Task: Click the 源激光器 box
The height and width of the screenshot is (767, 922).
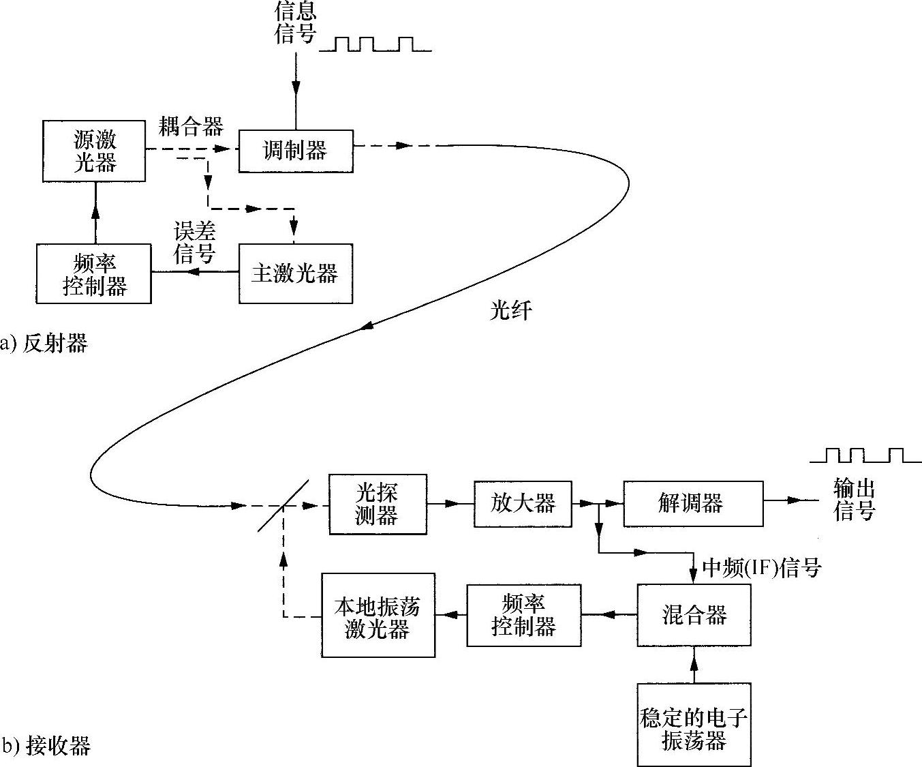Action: click(94, 151)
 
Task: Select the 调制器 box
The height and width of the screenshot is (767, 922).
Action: click(295, 150)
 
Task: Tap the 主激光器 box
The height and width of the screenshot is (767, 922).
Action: click(295, 273)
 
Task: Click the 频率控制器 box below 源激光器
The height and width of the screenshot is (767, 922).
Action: click(94, 273)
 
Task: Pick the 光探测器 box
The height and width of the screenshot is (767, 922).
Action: click(377, 504)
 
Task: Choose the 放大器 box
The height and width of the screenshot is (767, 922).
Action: click(523, 504)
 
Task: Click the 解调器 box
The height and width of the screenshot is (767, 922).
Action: click(692, 504)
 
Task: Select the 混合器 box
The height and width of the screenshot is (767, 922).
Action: click(694, 615)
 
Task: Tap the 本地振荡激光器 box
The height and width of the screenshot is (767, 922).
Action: click(378, 615)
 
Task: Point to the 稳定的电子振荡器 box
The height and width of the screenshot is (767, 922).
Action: click(694, 724)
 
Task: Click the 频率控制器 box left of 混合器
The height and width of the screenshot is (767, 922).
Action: click(523, 615)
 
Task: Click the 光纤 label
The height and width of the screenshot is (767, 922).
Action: click(510, 310)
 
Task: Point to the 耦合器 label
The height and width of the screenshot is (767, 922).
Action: click(191, 126)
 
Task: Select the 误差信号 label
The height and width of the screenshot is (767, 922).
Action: click(195, 243)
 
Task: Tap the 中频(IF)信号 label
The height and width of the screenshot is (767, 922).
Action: click(761, 568)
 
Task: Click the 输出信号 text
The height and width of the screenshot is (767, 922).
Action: click(854, 500)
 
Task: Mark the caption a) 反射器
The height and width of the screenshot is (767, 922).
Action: click(44, 343)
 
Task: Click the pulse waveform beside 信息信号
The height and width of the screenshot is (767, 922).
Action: click(375, 44)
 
